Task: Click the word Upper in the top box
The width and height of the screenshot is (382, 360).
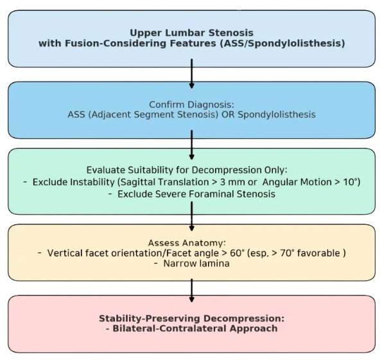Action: [144, 33]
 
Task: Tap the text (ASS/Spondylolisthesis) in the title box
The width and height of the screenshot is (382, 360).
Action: [282, 44]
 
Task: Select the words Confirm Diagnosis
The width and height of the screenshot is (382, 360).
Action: [191, 105]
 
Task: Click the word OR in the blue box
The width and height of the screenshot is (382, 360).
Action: [228, 114]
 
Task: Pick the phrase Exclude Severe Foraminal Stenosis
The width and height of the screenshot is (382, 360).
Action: [196, 194]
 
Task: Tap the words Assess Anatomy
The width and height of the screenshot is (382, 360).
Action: [187, 243]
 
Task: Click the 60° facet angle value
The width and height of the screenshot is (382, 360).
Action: [237, 253]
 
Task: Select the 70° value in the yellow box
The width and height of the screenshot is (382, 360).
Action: [288, 253]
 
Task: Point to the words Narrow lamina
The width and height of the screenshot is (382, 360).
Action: [196, 264]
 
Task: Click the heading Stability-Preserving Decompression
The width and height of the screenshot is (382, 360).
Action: [191, 319]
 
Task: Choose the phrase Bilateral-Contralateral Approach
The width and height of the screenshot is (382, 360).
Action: [195, 328]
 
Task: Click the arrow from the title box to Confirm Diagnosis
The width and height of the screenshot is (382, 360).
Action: [192, 73]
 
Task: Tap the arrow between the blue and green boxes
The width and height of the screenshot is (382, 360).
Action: [192, 145]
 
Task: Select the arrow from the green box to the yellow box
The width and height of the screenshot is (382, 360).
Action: [192, 216]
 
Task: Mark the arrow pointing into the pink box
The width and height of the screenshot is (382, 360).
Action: [192, 291]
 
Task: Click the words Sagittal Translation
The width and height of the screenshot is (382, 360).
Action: [164, 182]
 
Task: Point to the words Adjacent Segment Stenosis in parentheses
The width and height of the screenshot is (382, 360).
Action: [153, 114]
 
